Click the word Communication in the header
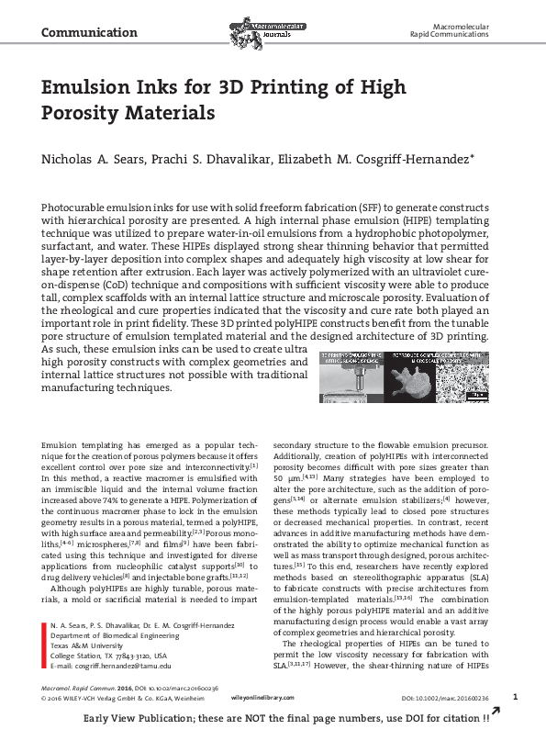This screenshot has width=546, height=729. pos(83,33)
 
